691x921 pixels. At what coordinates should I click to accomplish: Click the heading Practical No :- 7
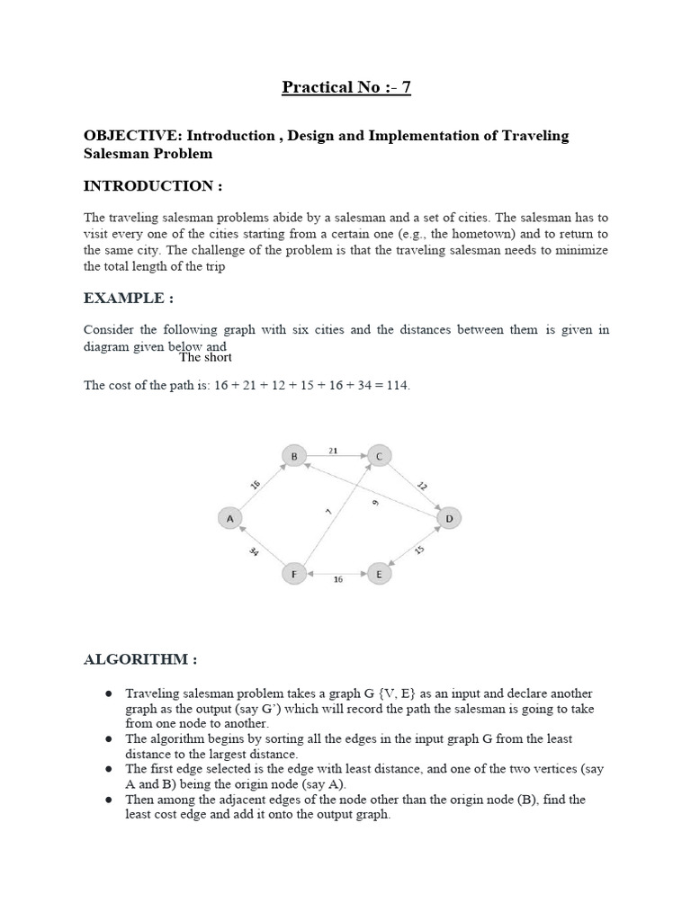pos(346,87)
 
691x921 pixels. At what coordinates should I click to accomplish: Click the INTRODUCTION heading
pos(152,185)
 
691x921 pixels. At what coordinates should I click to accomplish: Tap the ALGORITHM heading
pos(140,659)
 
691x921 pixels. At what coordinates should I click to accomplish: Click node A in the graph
pos(230,518)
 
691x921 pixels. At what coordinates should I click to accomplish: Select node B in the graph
pos(293,457)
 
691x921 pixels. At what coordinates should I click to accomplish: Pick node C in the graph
pos(379,457)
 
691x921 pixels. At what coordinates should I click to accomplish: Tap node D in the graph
pos(448,519)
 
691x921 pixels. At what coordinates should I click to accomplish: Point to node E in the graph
pos(380,574)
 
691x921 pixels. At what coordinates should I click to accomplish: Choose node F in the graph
pos(293,573)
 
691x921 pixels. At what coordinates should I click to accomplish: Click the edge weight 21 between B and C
pos(333,449)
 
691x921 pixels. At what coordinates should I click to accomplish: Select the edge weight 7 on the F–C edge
pos(328,512)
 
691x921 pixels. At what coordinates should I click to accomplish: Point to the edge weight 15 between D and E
pos(419,549)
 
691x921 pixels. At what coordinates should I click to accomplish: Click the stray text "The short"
pos(205,357)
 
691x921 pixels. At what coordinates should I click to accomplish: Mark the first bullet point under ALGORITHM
pos(108,694)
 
